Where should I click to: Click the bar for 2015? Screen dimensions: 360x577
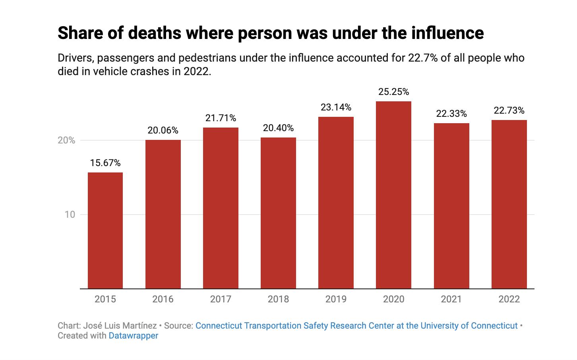click(x=105, y=230)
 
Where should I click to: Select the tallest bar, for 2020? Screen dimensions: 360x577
click(x=393, y=195)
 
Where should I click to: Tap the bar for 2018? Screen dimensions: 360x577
click(x=278, y=213)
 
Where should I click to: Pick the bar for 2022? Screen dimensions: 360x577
click(x=509, y=204)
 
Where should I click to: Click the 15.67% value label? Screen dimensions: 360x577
click(x=105, y=163)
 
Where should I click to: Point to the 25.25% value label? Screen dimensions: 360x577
click(x=393, y=92)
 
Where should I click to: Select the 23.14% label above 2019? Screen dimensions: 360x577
click(x=336, y=107)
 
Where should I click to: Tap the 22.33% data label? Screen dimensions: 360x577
click(x=451, y=114)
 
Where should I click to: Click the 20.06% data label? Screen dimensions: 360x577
click(x=163, y=130)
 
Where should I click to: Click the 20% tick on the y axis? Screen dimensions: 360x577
click(x=66, y=140)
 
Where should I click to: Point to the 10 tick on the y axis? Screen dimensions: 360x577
click(x=70, y=215)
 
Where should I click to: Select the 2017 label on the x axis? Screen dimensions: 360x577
click(x=221, y=299)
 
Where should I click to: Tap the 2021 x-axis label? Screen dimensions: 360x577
click(x=451, y=299)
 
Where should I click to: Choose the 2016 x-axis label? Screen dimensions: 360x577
click(x=163, y=299)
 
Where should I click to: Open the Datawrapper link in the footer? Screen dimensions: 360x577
click(x=133, y=336)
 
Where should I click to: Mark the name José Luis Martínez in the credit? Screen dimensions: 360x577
click(x=120, y=326)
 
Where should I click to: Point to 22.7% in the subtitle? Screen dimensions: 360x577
click(x=423, y=58)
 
